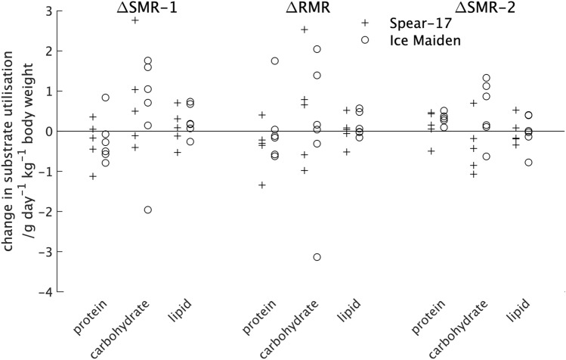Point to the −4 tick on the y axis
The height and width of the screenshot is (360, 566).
49,292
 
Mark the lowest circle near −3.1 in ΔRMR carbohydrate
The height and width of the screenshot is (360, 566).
317,257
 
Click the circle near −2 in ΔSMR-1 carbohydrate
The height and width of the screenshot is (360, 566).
148,209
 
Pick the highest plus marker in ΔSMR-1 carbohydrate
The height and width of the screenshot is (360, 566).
135,20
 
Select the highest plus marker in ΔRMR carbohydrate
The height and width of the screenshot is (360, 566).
305,29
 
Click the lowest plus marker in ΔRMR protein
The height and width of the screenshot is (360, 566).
262,185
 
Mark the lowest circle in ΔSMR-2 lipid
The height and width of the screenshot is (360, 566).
529,163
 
